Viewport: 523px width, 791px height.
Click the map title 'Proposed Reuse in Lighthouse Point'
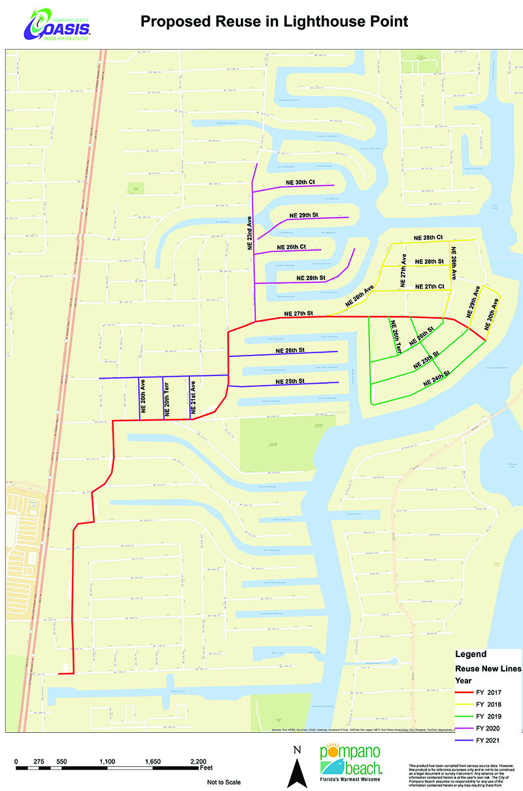[275, 22]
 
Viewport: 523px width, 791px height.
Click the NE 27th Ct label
[430, 287]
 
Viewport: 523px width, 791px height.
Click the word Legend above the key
[471, 654]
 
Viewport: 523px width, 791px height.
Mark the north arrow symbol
[297, 769]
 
